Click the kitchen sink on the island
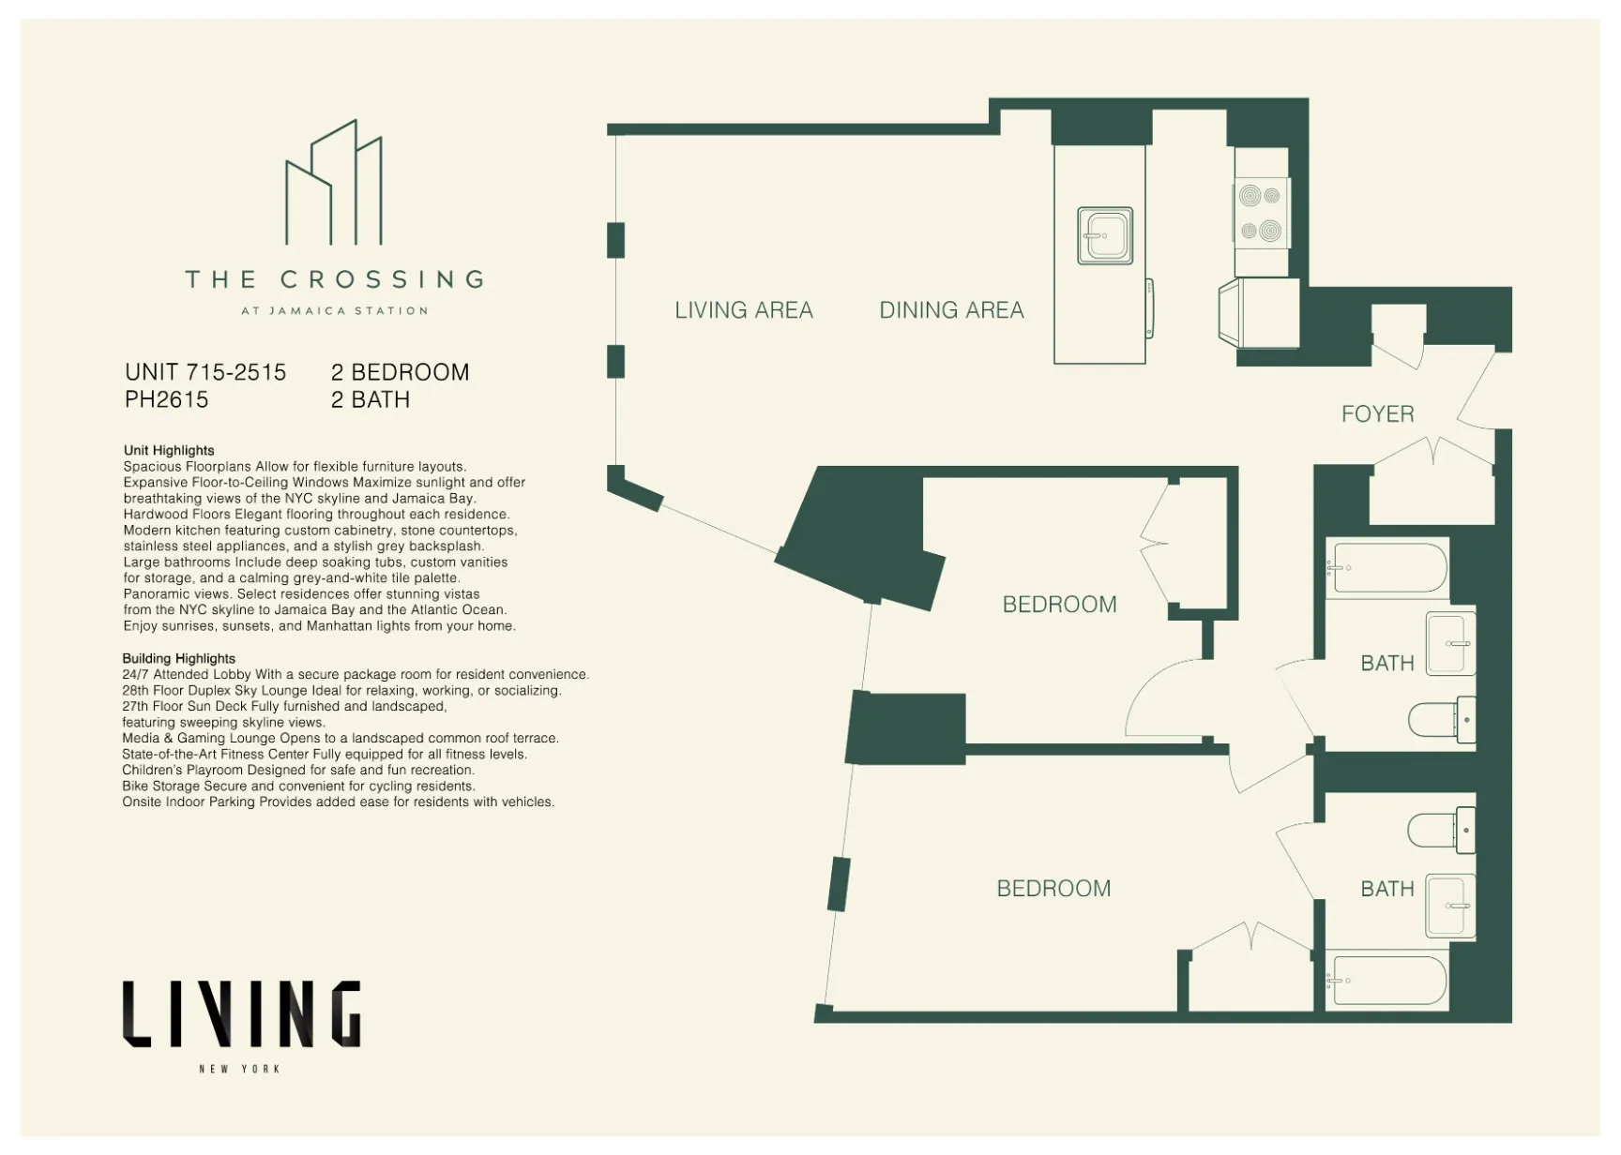click(1105, 235)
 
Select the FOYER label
click(1377, 413)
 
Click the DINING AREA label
click(951, 310)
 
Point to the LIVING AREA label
click(744, 310)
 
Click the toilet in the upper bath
click(1442, 720)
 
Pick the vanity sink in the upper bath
click(1450, 644)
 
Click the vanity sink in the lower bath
click(1450, 906)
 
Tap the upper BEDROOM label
click(1059, 605)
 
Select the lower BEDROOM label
click(1053, 889)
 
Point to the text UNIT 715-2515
click(205, 372)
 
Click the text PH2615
click(166, 399)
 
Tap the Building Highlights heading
click(178, 658)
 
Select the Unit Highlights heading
click(169, 450)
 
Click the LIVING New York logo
click(241, 1022)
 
